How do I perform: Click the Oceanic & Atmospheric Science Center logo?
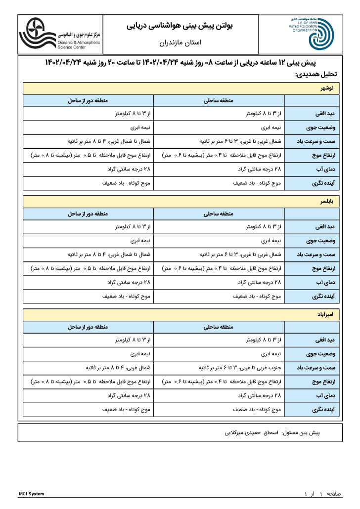[59, 34]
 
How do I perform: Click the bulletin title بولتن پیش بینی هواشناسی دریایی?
[180, 25]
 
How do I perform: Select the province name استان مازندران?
[180, 43]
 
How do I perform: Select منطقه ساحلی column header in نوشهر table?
[219, 101]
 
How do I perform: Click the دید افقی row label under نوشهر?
[324, 114]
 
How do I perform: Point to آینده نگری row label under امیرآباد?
[323, 410]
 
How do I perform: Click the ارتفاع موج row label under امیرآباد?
[323, 382]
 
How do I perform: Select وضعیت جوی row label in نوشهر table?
[322, 127]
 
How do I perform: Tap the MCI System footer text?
[31, 494]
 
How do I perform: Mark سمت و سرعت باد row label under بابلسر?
[317, 255]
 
